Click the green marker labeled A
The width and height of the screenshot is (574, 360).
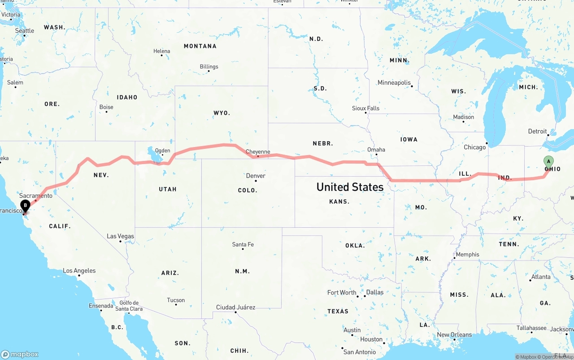(x=548, y=162)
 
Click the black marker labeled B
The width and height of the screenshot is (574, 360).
(x=26, y=206)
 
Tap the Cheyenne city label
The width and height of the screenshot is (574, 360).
(x=258, y=152)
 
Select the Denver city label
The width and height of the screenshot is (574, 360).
(x=256, y=175)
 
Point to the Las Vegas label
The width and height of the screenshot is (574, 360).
(x=120, y=236)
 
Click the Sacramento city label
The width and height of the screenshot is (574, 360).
(x=36, y=195)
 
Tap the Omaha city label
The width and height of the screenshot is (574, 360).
(x=376, y=149)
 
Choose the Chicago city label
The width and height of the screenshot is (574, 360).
(x=475, y=147)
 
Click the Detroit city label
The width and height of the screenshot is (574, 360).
(x=537, y=131)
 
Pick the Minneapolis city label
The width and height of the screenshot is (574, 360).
(x=394, y=82)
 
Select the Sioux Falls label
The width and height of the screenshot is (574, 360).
(x=365, y=108)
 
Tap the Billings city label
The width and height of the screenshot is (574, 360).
(x=209, y=67)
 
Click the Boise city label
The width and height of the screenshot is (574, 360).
(x=106, y=107)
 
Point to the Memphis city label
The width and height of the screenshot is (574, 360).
(x=468, y=255)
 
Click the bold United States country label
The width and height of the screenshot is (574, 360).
(x=350, y=187)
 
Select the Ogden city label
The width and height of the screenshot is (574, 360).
(x=163, y=151)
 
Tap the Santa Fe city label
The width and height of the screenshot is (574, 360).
(x=243, y=244)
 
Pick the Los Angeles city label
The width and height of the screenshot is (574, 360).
(x=79, y=271)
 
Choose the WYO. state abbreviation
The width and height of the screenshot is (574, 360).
(x=222, y=113)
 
